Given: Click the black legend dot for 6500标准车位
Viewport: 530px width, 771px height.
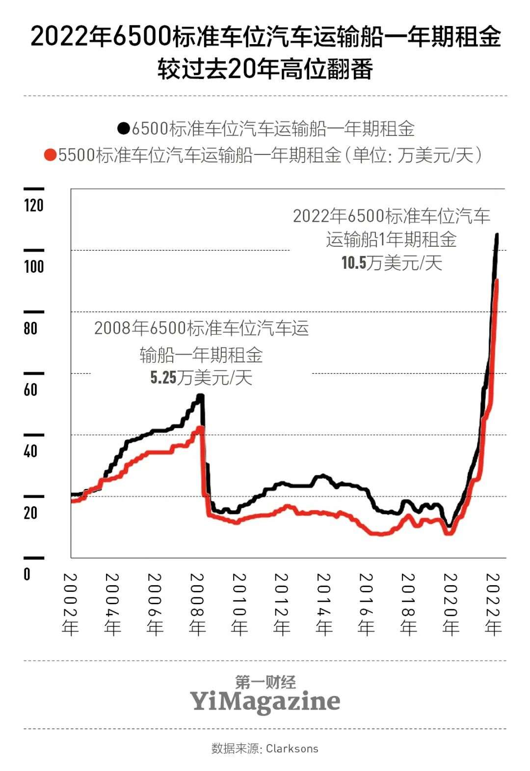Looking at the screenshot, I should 124,129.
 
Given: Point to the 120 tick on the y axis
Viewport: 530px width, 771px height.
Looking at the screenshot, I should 34,205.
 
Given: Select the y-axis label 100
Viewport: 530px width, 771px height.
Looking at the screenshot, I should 34,267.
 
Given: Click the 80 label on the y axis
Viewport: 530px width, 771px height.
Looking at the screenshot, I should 30,328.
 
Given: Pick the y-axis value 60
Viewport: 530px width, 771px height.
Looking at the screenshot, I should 30,390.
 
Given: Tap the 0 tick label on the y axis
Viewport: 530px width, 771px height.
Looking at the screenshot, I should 27,574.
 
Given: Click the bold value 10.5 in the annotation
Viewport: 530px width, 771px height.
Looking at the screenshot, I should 354,263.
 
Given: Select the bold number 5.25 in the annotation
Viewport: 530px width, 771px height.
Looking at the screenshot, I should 163,378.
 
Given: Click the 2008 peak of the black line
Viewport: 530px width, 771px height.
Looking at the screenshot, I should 200,395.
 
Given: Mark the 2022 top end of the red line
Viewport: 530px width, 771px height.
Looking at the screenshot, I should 497,281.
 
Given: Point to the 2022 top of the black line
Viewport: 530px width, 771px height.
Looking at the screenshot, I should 497,235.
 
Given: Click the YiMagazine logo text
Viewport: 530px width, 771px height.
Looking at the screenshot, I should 265,701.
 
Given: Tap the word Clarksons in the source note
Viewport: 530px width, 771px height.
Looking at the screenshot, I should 292,748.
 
